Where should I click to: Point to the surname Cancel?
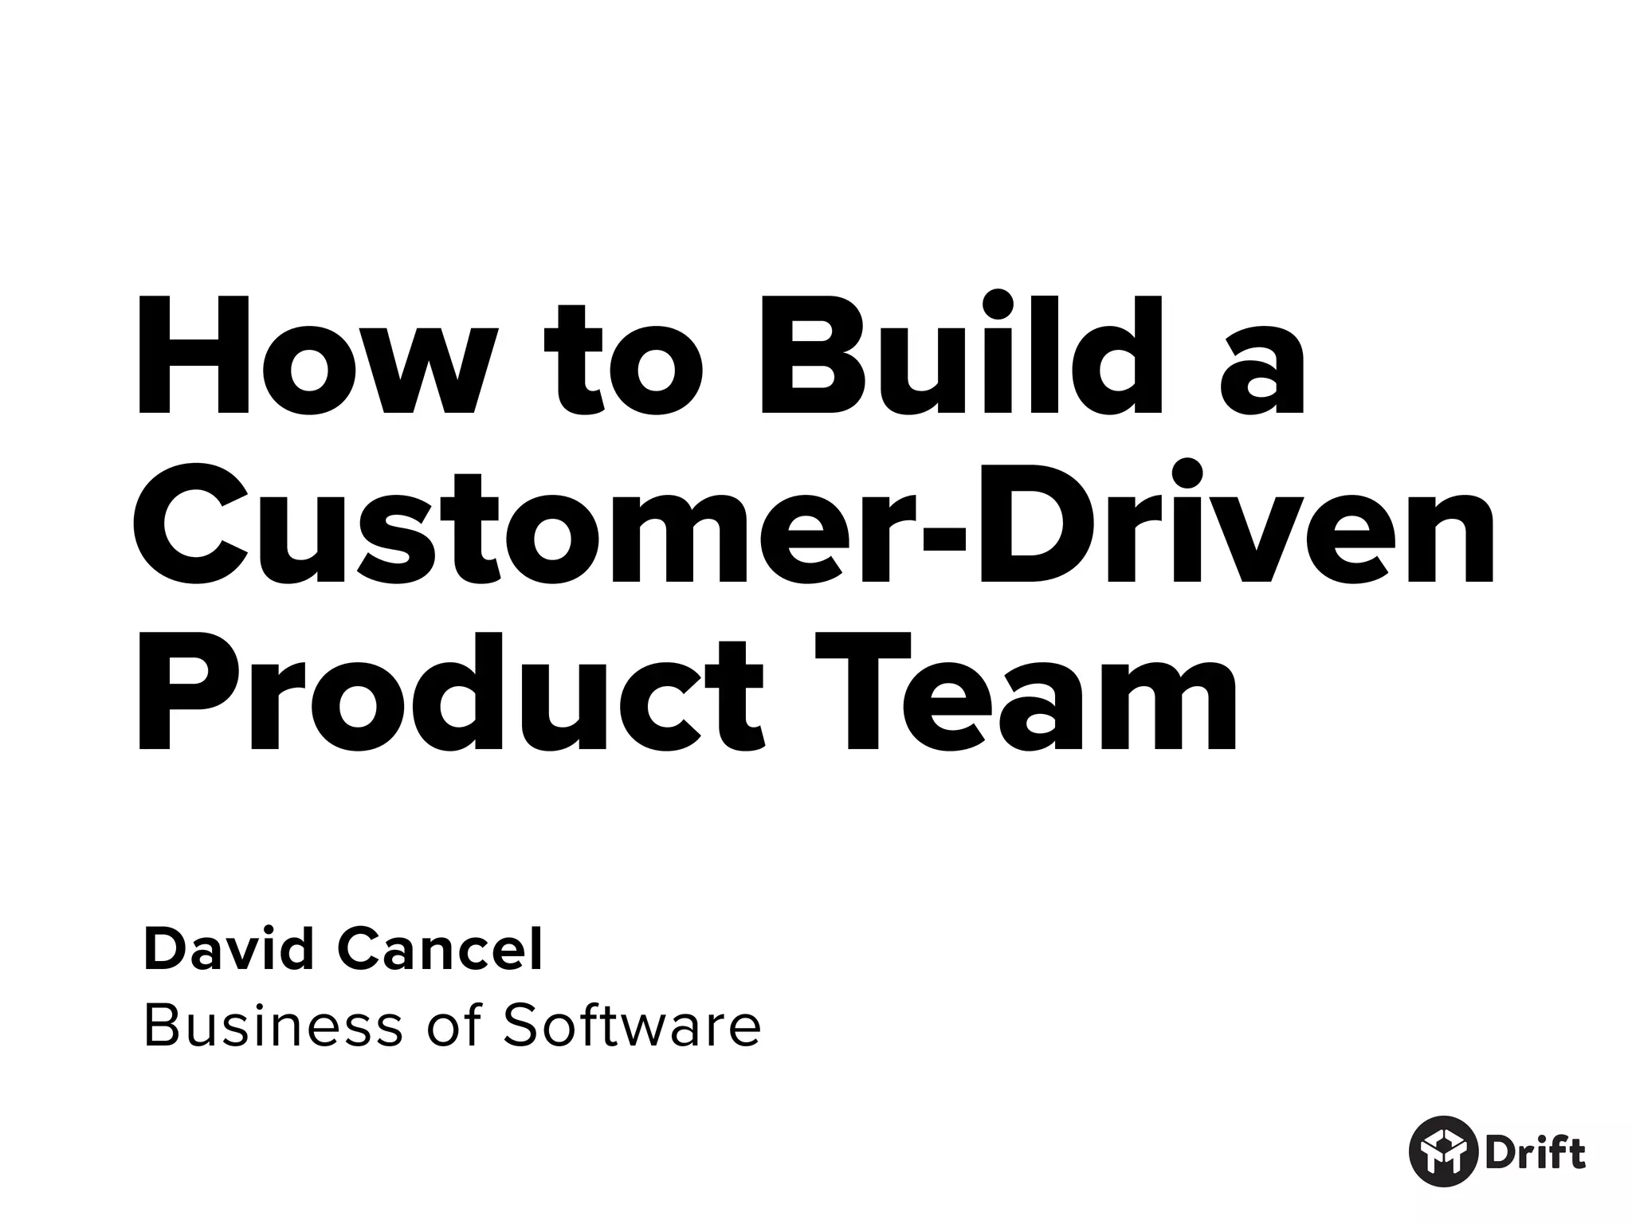point(441,950)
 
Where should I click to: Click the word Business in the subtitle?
point(273,1026)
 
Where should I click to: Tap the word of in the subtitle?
point(454,1026)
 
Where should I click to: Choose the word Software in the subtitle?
point(632,1026)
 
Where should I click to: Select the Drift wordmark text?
point(1534,1151)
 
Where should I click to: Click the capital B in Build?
point(805,356)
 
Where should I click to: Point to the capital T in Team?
point(865,693)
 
